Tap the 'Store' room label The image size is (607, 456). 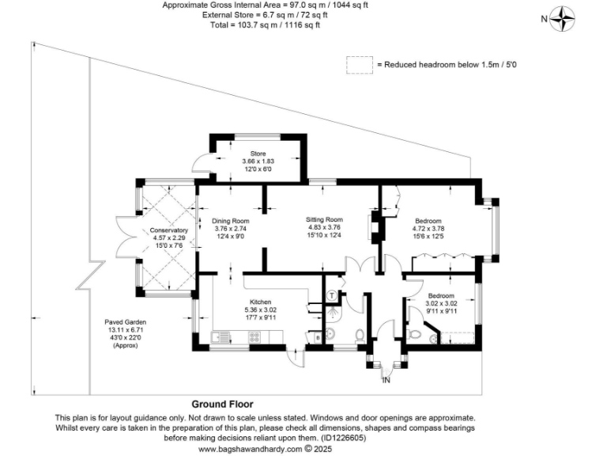[x=258, y=154]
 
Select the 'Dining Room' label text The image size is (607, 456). [x=231, y=220]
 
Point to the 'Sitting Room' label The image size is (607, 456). [x=324, y=218]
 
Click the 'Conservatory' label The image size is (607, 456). [x=168, y=230]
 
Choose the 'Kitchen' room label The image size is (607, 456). [x=261, y=302]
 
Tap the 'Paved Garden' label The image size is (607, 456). [x=125, y=322]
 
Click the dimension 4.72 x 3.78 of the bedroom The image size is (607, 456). [x=428, y=228]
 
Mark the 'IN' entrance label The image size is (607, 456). [x=386, y=381]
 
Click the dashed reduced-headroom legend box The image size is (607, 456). [x=360, y=64]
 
